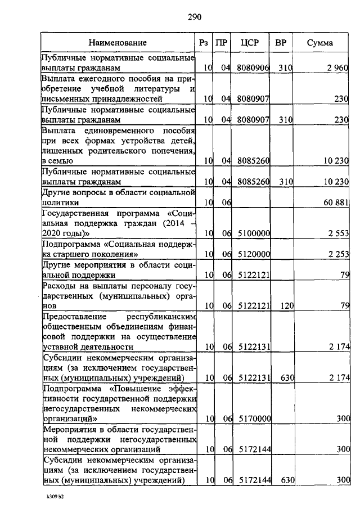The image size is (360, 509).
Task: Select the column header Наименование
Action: click(x=118, y=43)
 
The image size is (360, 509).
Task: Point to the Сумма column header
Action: click(x=319, y=43)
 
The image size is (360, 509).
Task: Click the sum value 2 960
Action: click(x=338, y=68)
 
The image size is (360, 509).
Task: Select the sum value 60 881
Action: click(x=336, y=202)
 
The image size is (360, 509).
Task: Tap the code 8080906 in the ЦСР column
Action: click(x=254, y=68)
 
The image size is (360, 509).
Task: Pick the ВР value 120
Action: click(x=286, y=306)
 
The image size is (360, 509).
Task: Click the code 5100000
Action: click(x=254, y=233)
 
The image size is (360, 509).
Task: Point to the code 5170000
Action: click(x=254, y=419)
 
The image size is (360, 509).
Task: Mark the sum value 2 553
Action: click(x=338, y=233)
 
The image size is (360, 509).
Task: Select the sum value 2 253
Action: click(x=338, y=254)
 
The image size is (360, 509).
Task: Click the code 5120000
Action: click(x=254, y=254)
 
